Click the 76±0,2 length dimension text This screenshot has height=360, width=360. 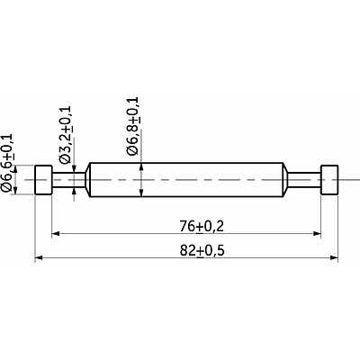pos(202,227)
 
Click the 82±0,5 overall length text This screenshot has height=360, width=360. pos(202,251)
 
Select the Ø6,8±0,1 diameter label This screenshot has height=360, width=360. pos(132,126)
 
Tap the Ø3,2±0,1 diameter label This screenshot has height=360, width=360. pos(66,135)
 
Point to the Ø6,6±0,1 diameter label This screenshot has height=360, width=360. pos(7,163)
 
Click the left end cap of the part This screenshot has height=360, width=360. pos(44,180)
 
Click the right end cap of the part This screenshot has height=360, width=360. pos(329,180)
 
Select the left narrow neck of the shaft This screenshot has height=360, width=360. pos(68,180)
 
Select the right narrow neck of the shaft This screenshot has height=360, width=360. pos(304,180)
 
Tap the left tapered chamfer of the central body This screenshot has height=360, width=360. pos(87,180)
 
